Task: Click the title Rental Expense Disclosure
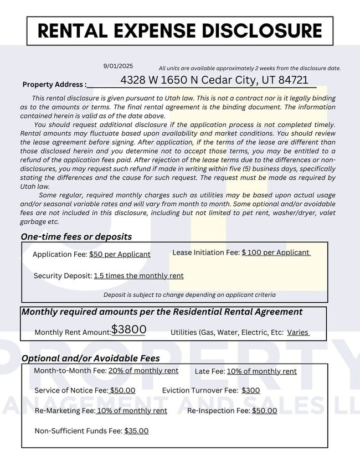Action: click(179, 30)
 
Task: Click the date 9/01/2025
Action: click(118, 66)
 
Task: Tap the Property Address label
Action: click(54, 85)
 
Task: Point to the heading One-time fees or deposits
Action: click(76, 236)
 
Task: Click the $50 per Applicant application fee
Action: click(120, 255)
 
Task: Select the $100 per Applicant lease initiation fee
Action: click(276, 252)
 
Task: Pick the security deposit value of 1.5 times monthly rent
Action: click(138, 276)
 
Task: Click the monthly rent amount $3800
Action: click(128, 329)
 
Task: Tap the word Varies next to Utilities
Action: click(298, 333)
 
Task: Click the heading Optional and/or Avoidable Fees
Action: click(90, 358)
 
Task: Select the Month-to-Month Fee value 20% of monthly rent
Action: click(143, 371)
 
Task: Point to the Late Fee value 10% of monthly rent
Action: click(261, 371)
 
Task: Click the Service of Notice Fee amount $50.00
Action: click(122, 390)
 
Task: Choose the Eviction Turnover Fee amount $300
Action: click(250, 390)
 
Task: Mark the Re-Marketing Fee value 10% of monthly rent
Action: click(132, 411)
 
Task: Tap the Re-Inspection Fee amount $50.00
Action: click(264, 411)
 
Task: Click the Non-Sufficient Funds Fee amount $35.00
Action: click(136, 431)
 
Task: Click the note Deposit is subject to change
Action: click(189, 295)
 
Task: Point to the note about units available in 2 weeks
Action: click(249, 68)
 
